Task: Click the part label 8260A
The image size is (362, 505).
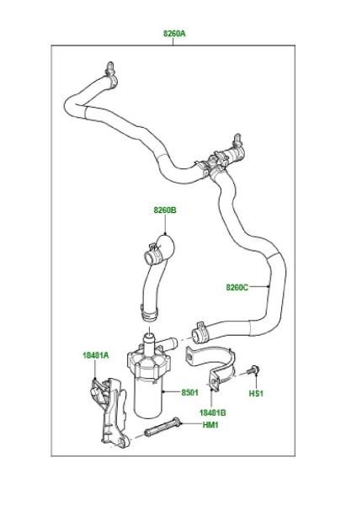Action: pos(174,33)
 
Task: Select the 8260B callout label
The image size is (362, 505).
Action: pos(165,210)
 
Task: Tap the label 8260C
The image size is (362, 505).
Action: pos(237,287)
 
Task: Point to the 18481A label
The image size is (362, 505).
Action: pos(96,355)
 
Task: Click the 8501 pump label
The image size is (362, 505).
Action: pos(190,392)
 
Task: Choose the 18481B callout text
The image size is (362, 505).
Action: pos(212,412)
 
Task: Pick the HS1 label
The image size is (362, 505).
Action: pos(256,393)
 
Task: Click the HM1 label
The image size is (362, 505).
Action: pos(210,425)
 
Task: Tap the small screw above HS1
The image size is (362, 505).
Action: pos(253,369)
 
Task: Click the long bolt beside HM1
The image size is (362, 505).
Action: pos(162,427)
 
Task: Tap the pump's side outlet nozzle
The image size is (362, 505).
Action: pos(167,343)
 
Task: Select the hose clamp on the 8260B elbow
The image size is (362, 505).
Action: pos(154,254)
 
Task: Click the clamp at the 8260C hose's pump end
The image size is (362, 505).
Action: pos(200,332)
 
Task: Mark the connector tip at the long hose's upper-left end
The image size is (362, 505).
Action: pos(110,66)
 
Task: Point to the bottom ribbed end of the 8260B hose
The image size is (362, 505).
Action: pos(148,314)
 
